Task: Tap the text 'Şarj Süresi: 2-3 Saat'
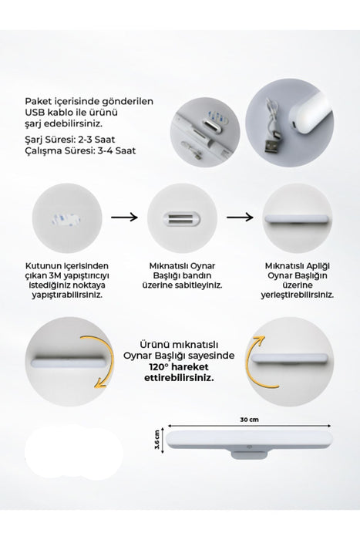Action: [70, 140]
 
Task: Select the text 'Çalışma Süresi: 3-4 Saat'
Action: [80, 151]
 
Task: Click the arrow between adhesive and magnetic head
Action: [124, 217]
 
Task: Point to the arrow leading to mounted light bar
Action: [240, 217]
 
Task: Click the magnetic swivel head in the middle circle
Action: [181, 218]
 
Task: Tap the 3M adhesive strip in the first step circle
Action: [66, 219]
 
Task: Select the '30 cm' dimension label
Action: [249, 420]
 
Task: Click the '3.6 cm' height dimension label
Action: [157, 440]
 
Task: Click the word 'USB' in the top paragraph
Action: [33, 113]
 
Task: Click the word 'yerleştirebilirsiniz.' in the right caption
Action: [298, 295]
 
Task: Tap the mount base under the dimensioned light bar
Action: [249, 454]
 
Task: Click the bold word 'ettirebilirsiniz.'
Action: [179, 377]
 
